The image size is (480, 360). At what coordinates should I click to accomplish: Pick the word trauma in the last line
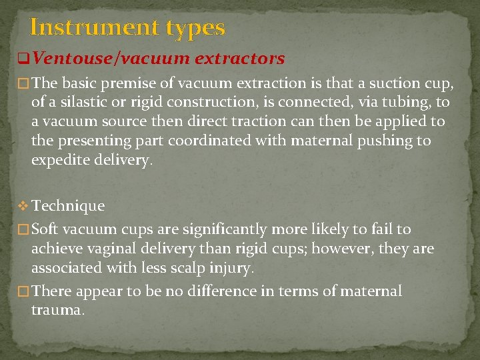(x=58, y=311)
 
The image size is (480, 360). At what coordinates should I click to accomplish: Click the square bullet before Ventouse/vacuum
(x=22, y=59)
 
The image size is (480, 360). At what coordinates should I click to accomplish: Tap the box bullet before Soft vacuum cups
(x=23, y=230)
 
